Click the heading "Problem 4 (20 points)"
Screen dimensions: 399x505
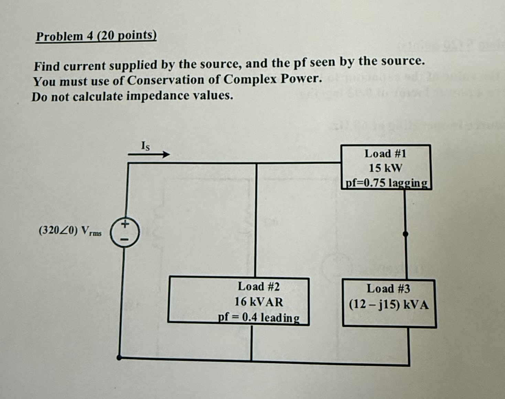(x=96, y=36)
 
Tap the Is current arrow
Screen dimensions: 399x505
(x=149, y=154)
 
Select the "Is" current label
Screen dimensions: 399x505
(x=146, y=146)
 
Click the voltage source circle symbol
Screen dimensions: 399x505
(x=125, y=233)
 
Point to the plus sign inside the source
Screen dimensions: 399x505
(x=125, y=224)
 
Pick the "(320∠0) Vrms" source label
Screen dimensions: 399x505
(x=70, y=230)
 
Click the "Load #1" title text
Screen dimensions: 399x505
(x=385, y=154)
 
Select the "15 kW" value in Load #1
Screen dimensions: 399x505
(x=385, y=168)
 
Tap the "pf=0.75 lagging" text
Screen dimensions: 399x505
(x=386, y=183)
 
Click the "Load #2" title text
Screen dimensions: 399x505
(x=259, y=286)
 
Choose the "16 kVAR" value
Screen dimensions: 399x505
(x=259, y=302)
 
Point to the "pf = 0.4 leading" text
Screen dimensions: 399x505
(x=259, y=317)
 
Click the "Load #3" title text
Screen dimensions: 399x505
(x=388, y=288)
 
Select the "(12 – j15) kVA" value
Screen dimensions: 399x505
(x=389, y=305)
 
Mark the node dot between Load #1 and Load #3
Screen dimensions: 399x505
(x=405, y=234)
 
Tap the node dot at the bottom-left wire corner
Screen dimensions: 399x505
(x=119, y=358)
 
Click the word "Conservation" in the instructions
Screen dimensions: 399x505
(x=166, y=80)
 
